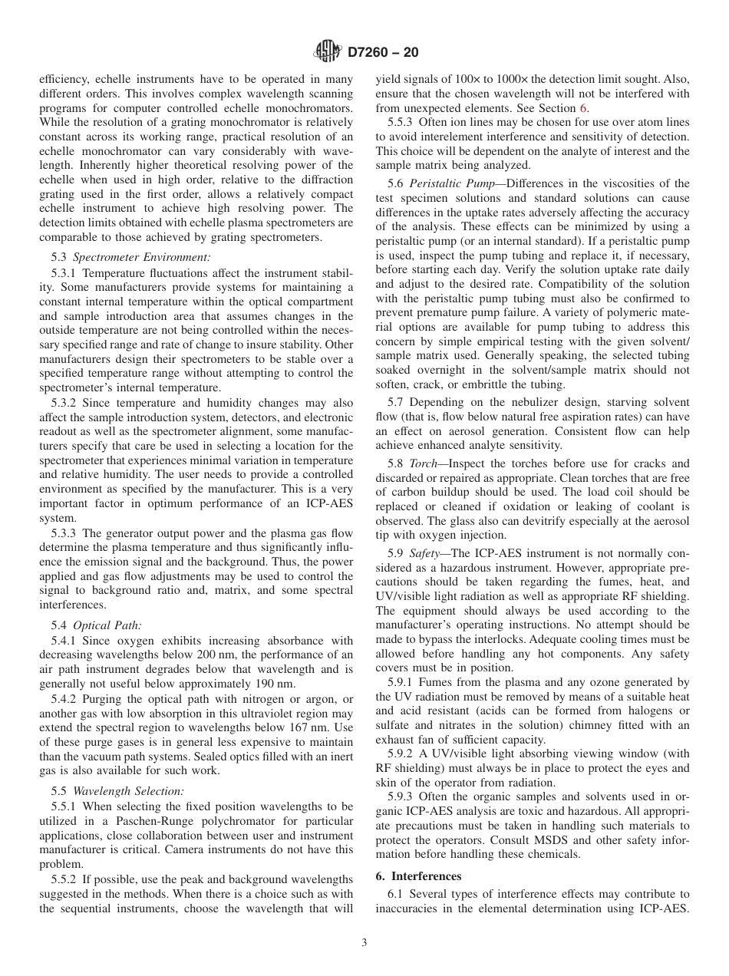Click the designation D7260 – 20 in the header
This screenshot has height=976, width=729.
[x=383, y=52]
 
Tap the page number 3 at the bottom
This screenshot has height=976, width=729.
[x=364, y=943]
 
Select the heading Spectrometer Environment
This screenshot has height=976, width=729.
[x=141, y=257]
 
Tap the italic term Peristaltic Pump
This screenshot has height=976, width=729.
[x=457, y=183]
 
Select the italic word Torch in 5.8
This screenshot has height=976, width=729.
[x=424, y=463]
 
